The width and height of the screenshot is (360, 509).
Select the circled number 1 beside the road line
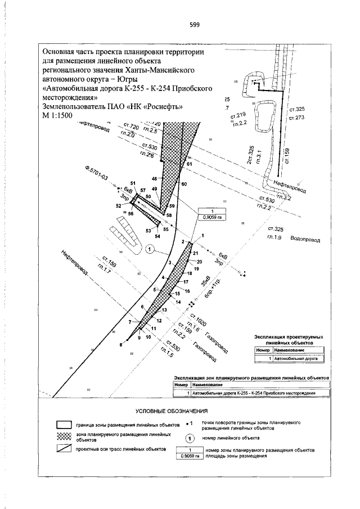click(x=150, y=249)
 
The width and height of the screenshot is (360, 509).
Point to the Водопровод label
click(x=305, y=239)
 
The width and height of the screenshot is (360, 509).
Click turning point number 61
click(x=190, y=164)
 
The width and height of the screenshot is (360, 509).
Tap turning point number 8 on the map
click(x=120, y=345)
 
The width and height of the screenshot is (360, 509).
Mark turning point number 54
click(x=157, y=236)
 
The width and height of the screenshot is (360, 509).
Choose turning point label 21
click(x=196, y=254)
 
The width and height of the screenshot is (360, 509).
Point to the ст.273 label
click(x=296, y=118)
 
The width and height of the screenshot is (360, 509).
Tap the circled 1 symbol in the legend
click(x=190, y=438)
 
